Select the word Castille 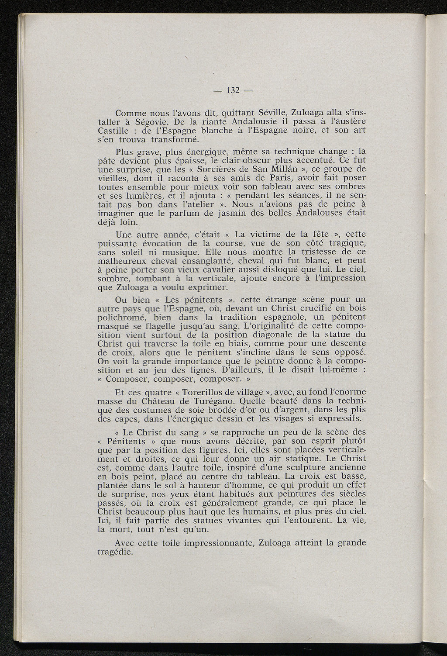[x=115, y=130]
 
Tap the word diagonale [x=287, y=335]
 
